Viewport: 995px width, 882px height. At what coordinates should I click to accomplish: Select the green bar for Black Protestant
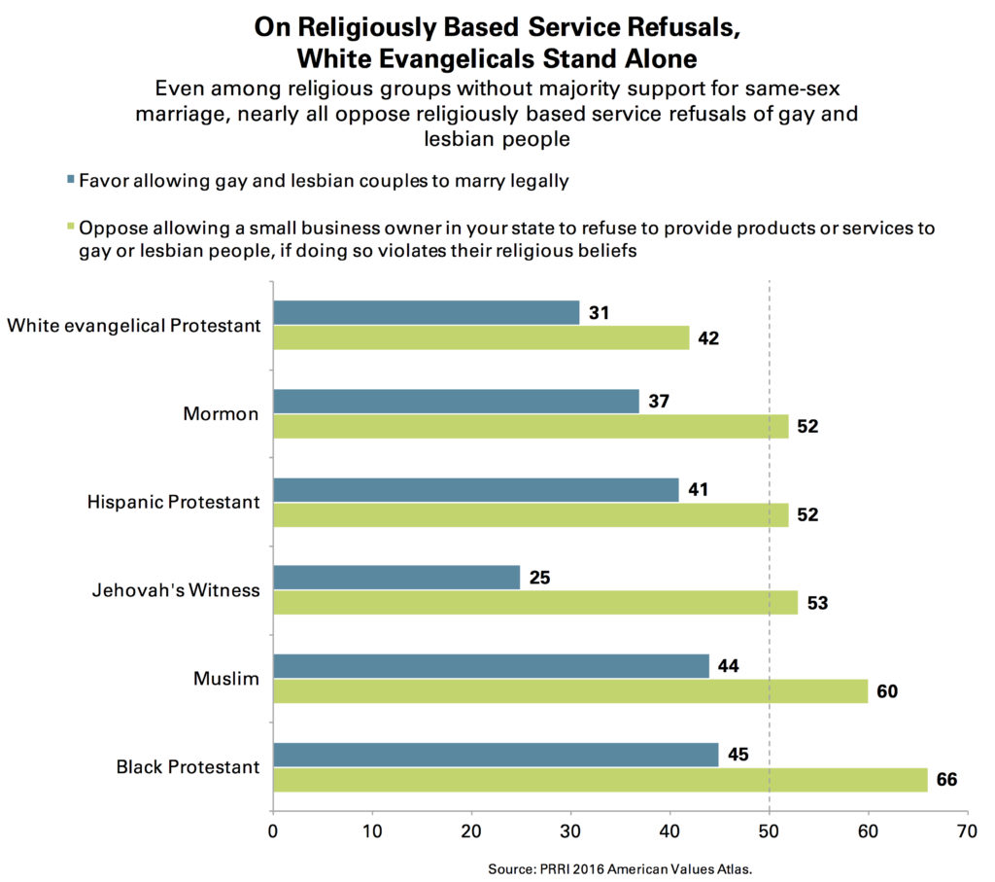pos(600,780)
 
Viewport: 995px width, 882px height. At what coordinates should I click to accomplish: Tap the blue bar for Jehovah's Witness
pos(396,577)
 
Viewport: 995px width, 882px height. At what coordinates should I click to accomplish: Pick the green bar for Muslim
pos(570,691)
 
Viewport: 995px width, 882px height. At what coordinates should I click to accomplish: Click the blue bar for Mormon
pos(456,401)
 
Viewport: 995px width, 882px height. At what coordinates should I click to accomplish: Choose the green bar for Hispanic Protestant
pos(531,514)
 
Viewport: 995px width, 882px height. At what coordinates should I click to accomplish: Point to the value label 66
pos(946,780)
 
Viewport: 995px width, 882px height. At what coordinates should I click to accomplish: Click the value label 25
pos(540,577)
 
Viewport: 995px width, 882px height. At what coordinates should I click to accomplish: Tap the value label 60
pos(887,691)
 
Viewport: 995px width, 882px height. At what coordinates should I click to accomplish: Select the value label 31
pos(600,312)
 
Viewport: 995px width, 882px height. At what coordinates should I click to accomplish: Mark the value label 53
pos(817,603)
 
